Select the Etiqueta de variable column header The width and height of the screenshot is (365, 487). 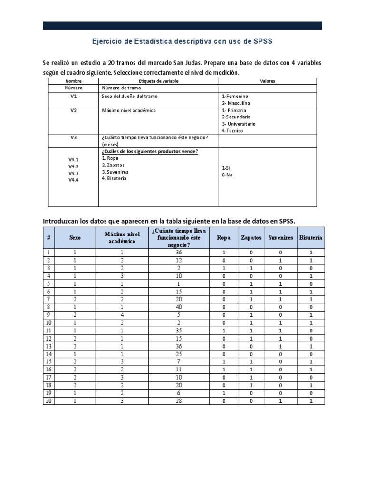click(158, 81)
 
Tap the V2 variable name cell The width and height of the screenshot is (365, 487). click(73, 110)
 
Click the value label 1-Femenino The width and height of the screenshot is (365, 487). click(235, 97)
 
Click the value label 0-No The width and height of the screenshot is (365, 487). click(228, 175)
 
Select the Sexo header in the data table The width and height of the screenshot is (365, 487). click(75, 237)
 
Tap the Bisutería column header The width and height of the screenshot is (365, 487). click(311, 237)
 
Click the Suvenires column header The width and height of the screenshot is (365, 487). click(281, 237)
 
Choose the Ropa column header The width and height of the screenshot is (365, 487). click(224, 237)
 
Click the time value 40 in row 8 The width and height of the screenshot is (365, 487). click(178, 307)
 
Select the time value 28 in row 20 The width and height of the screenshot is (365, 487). click(178, 400)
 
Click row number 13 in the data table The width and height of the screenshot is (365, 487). click(48, 346)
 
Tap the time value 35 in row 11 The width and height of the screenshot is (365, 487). click(178, 331)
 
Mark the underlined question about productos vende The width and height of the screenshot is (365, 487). click(150, 151)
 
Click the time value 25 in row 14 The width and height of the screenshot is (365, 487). click(178, 354)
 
